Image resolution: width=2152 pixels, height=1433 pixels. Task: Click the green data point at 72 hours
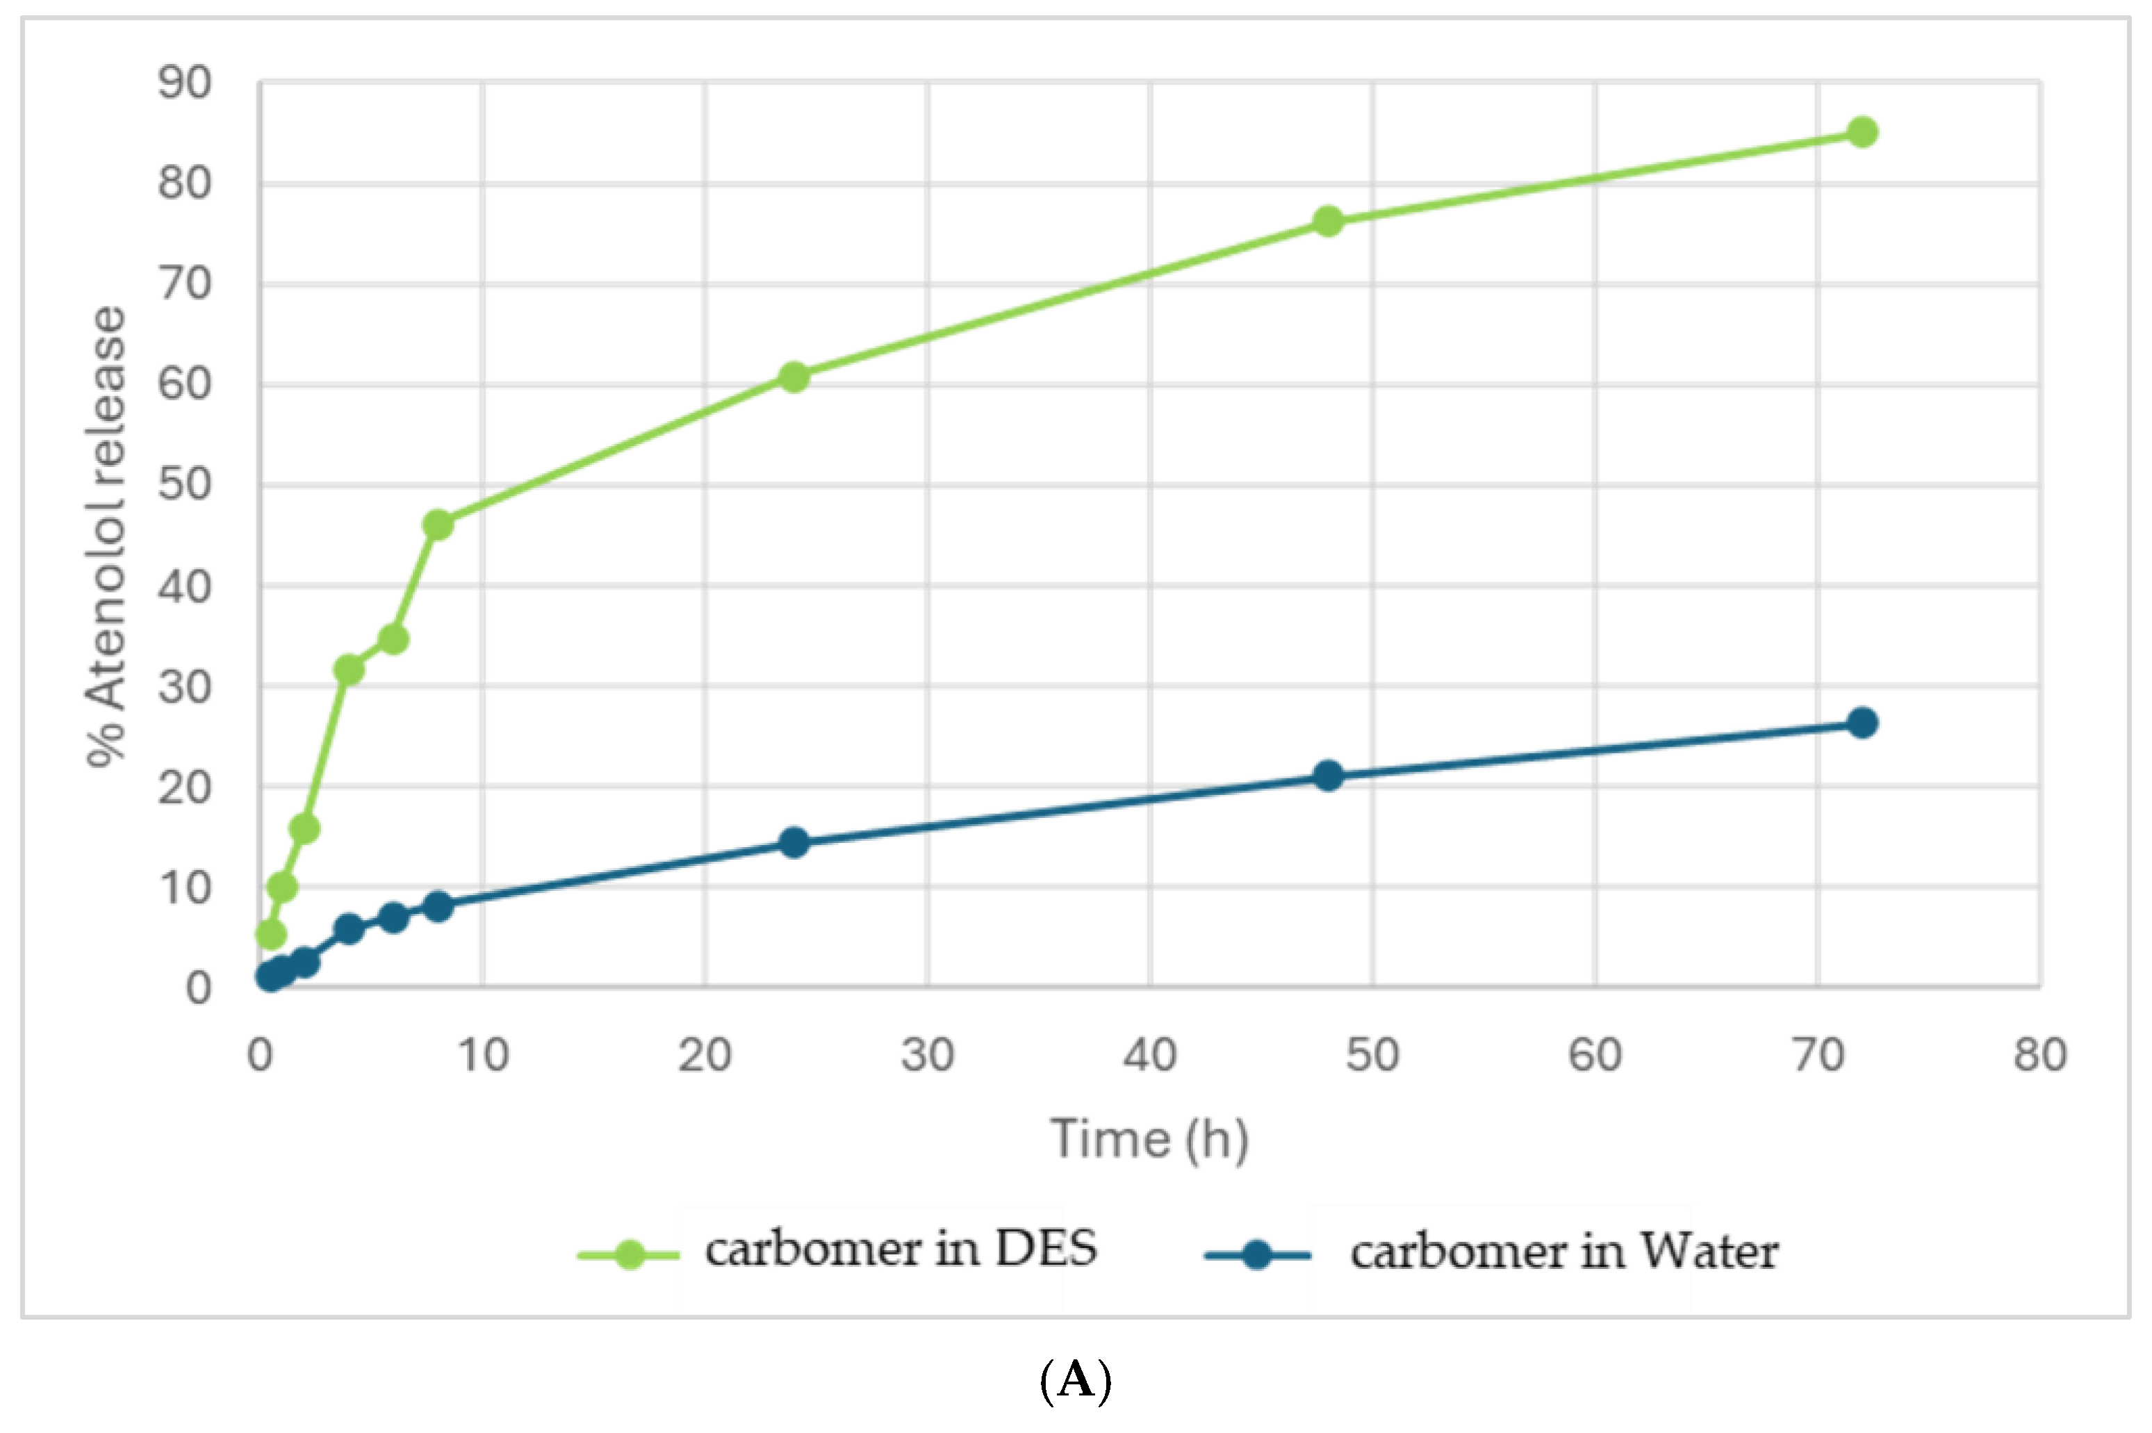click(1862, 133)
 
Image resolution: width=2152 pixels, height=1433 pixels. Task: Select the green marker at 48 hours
click(1328, 221)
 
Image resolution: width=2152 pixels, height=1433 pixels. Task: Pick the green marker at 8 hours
click(438, 525)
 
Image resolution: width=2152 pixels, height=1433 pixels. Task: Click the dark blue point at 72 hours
click(1862, 723)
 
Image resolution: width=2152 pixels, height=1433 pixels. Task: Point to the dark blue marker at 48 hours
click(1328, 776)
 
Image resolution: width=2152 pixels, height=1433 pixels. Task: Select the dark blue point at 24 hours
click(794, 842)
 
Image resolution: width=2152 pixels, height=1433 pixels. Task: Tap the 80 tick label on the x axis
click(2039, 1055)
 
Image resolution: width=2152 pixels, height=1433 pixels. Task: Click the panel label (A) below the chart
click(1076, 1380)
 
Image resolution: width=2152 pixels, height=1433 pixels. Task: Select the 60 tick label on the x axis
click(1595, 1055)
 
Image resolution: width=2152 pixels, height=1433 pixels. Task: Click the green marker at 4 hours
click(348, 670)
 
